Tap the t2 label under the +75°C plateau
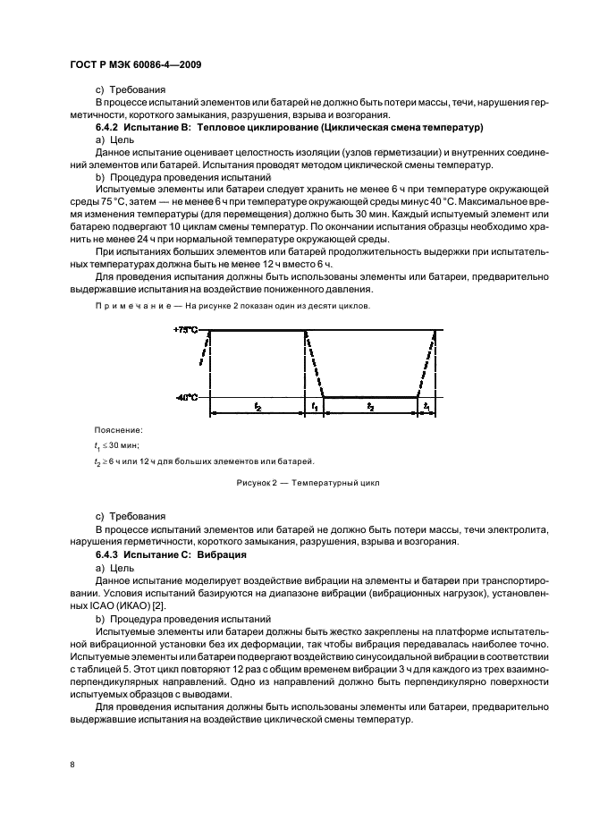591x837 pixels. [257, 407]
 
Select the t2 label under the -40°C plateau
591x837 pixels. [371, 407]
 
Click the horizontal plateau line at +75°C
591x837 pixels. [257, 331]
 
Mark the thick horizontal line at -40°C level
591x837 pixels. [371, 397]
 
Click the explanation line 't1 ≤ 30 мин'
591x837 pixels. [117, 444]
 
